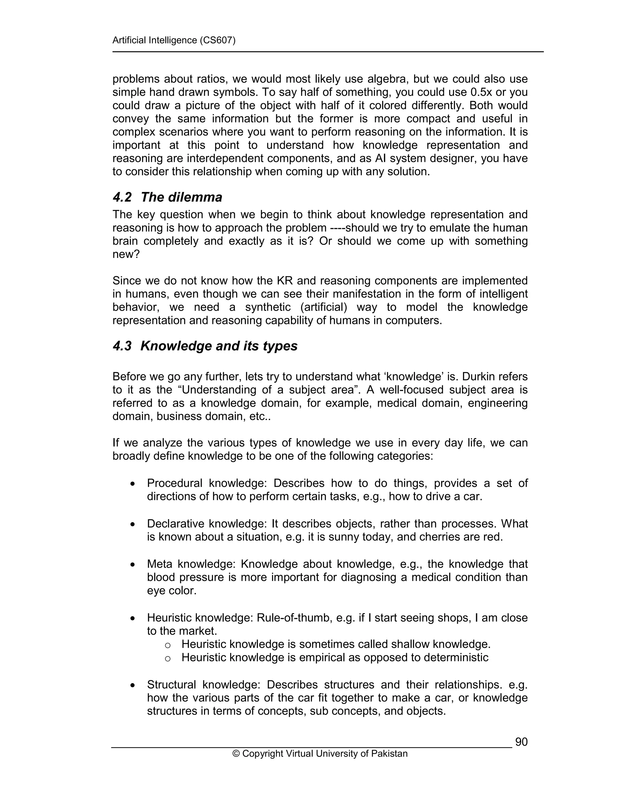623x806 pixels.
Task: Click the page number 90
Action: [x=521, y=742]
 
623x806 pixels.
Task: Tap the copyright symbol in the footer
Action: [x=236, y=754]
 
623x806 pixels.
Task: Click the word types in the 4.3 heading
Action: [x=280, y=346]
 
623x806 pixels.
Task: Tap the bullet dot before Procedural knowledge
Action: [x=132, y=484]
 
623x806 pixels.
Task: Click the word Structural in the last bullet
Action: [x=171, y=685]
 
